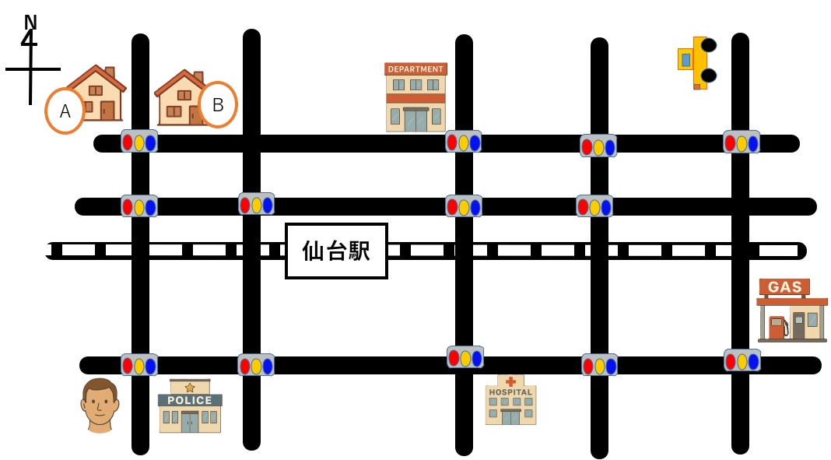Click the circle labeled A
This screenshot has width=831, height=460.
(65, 111)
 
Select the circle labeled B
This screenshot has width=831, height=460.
(218, 104)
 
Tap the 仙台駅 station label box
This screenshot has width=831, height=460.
(336, 251)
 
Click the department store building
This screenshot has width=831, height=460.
(416, 98)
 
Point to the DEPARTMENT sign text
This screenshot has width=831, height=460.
(415, 69)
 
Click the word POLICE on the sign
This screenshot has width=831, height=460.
(190, 400)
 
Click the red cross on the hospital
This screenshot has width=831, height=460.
(510, 381)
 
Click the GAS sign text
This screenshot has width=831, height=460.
(784, 287)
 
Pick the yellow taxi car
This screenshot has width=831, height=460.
(696, 62)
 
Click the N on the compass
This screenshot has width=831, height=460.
(30, 23)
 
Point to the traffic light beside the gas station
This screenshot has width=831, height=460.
(742, 360)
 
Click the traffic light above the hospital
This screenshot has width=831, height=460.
(465, 357)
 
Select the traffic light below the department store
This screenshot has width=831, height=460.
(463, 142)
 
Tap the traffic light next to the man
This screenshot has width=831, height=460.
(139, 365)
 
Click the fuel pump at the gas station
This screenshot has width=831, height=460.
(777, 328)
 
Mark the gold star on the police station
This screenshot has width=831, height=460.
(190, 387)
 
